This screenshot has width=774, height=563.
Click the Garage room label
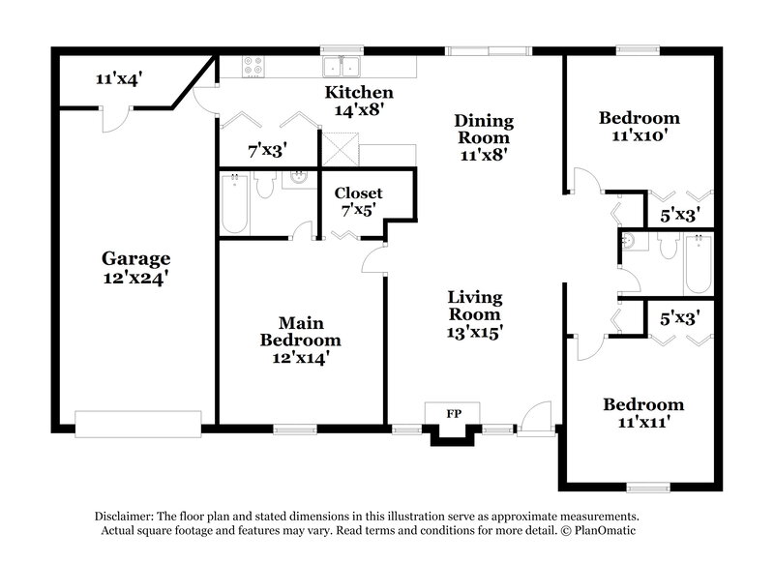[136, 258]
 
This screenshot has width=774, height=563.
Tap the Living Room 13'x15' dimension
[474, 331]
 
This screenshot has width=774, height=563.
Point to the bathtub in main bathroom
[237, 203]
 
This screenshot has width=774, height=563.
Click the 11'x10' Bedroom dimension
[639, 135]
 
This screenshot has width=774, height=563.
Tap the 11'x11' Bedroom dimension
[643, 422]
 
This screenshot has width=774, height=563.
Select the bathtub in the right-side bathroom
[697, 263]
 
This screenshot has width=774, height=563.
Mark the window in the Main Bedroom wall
[289, 428]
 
